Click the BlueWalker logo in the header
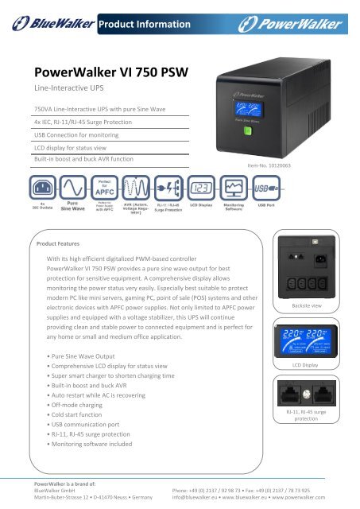(x=48, y=24)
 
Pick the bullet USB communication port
(x=90, y=426)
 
